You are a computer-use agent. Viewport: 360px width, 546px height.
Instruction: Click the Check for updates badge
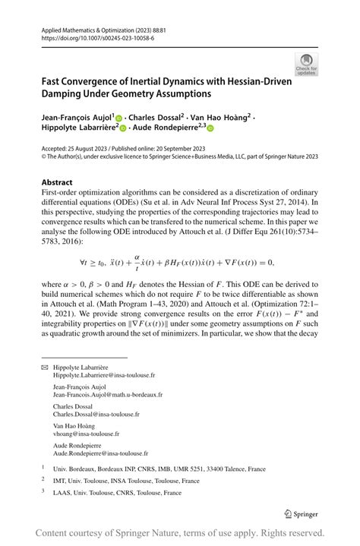pyautogui.click(x=306, y=64)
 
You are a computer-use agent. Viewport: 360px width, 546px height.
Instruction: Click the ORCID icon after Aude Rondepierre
pyautogui.click(x=210, y=130)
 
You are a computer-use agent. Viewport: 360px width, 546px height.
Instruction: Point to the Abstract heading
pyautogui.click(x=57, y=182)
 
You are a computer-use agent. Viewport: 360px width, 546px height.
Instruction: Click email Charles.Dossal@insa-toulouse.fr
pyautogui.click(x=96, y=415)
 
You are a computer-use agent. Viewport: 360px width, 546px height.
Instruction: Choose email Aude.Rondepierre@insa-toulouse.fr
pyautogui.click(x=100, y=454)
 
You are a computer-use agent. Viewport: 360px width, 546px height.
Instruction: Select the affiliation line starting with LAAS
pyautogui.click(x=117, y=493)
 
